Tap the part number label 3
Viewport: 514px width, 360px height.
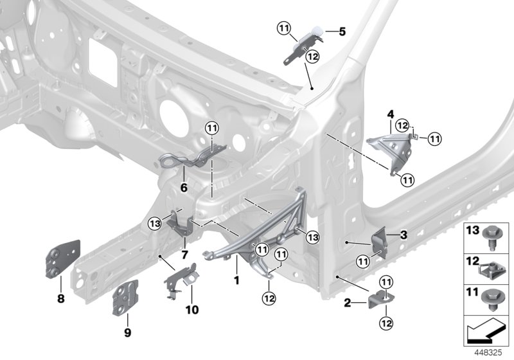tap(403, 235)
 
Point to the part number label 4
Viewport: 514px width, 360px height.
tap(389, 114)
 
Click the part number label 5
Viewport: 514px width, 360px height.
tap(342, 31)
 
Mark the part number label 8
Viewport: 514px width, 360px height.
tap(60, 298)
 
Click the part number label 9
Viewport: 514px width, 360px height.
tap(127, 332)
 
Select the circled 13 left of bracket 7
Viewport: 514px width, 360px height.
tap(154, 224)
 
